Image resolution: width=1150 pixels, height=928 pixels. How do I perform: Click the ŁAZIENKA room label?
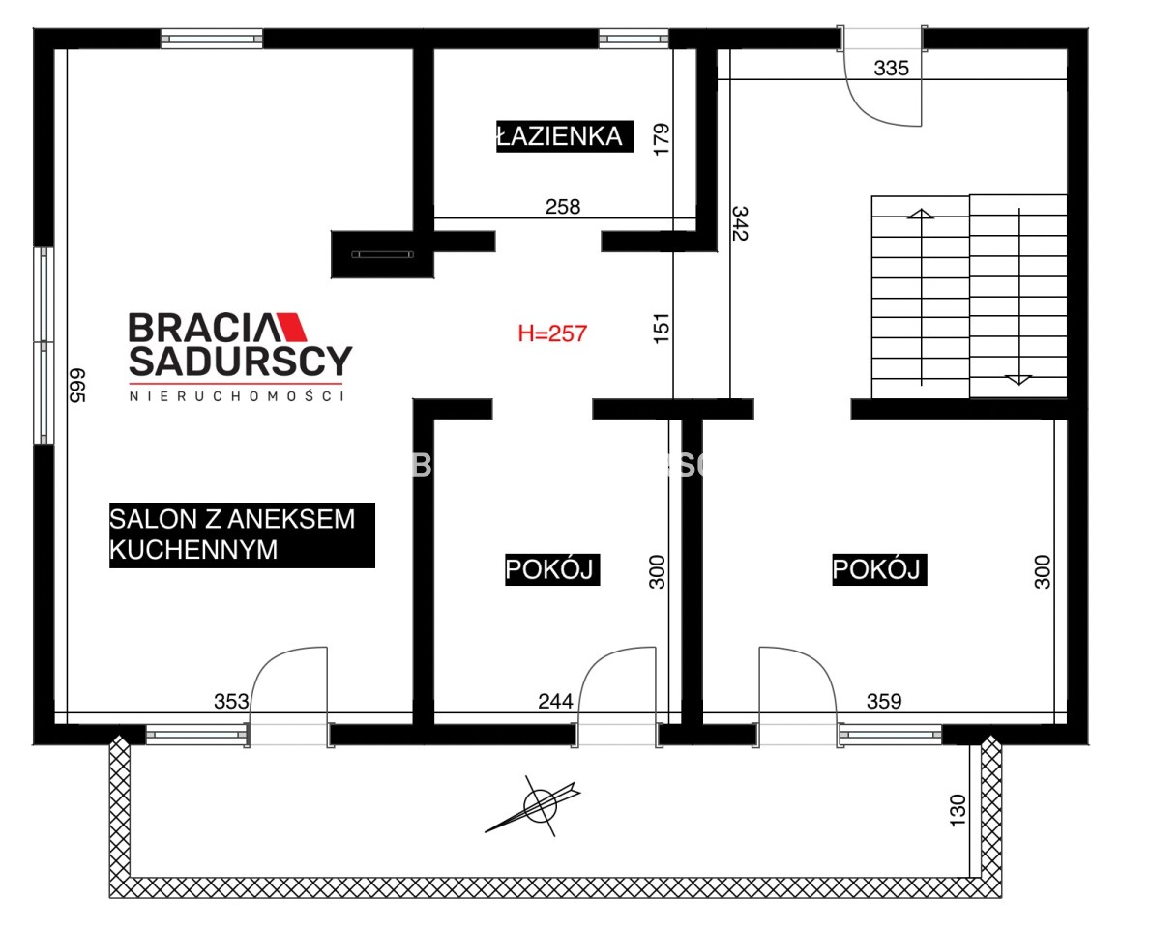[x=564, y=135]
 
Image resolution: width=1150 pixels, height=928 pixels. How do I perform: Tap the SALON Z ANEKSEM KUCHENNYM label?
[x=242, y=536]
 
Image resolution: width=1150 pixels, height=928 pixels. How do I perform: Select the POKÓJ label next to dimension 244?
[x=552, y=569]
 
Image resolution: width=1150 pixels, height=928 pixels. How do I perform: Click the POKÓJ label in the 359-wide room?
[x=879, y=569]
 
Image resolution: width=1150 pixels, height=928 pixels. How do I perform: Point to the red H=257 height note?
[x=552, y=333]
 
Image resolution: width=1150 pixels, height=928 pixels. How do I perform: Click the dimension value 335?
[x=891, y=69]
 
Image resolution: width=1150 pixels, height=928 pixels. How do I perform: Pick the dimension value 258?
[x=563, y=207]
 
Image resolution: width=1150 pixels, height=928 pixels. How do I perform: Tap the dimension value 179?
[x=662, y=139]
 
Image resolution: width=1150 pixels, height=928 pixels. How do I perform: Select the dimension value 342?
[x=740, y=223]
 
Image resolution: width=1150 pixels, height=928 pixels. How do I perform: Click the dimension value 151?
[x=662, y=329]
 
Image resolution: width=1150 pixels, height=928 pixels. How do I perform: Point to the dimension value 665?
[x=77, y=386]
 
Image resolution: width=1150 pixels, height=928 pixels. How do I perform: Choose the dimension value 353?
[x=231, y=702]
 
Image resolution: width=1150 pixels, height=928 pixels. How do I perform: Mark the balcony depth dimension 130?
[x=958, y=811]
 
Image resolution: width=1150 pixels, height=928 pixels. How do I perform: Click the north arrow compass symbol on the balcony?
[x=539, y=805]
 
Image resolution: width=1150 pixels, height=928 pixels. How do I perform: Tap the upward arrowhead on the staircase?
[x=921, y=214]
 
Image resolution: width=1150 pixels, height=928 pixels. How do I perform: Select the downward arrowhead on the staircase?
[x=1018, y=380]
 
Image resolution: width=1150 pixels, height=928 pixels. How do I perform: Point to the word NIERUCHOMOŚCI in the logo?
[x=237, y=395]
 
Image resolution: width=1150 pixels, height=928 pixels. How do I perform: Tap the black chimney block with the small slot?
[x=382, y=254]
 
